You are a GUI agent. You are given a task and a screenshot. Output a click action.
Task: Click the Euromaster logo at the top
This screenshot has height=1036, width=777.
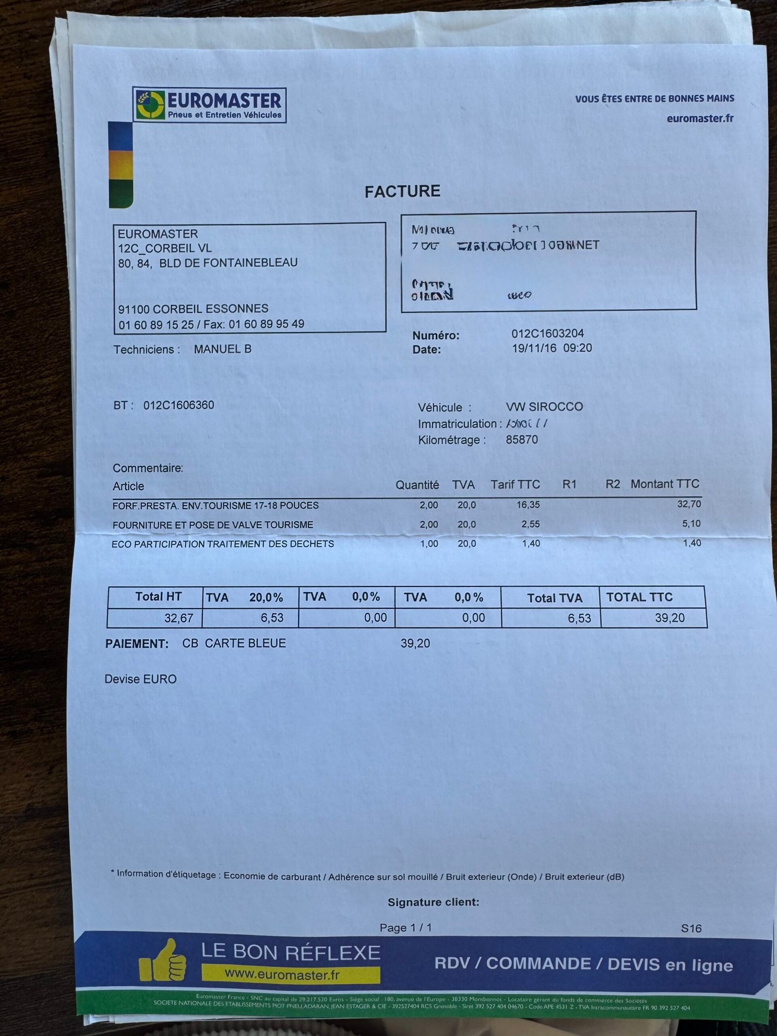point(209,105)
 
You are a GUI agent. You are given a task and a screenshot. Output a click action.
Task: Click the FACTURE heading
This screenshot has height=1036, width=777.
point(403,191)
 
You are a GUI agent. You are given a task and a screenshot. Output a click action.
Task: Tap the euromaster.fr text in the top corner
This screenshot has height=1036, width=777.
point(700,118)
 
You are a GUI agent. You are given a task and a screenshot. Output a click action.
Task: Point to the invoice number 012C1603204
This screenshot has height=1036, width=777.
point(547,334)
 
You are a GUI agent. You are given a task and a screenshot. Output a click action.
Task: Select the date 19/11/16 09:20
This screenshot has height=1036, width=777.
point(552,348)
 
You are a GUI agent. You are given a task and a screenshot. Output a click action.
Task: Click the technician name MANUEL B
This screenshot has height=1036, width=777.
point(222,349)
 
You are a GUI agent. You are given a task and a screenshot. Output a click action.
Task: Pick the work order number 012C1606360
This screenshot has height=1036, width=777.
point(179,405)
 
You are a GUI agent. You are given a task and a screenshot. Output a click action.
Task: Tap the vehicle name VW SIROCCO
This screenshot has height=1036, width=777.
point(544,407)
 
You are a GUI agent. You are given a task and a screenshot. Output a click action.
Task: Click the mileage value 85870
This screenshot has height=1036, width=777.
point(522,440)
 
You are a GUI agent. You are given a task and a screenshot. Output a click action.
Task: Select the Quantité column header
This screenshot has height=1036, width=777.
point(417,485)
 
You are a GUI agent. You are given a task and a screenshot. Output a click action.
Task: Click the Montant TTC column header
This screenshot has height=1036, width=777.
point(664,484)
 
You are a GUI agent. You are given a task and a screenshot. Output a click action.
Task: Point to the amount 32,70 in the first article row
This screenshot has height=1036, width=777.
point(689,504)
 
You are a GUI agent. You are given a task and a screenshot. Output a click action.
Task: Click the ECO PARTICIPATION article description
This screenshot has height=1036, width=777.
point(223,544)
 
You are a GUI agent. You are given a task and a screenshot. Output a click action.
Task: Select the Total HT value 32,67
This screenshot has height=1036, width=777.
point(179,618)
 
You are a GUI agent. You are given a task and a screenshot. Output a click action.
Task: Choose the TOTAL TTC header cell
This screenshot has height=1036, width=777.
point(639,597)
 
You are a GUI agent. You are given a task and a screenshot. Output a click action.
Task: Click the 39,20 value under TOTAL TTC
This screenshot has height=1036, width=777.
point(670,618)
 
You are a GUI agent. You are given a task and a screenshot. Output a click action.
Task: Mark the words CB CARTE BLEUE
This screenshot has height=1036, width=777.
point(234,644)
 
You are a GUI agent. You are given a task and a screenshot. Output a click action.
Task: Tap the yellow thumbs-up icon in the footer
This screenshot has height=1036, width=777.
point(163,960)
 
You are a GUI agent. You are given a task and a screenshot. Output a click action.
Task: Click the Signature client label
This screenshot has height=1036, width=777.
point(433,902)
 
